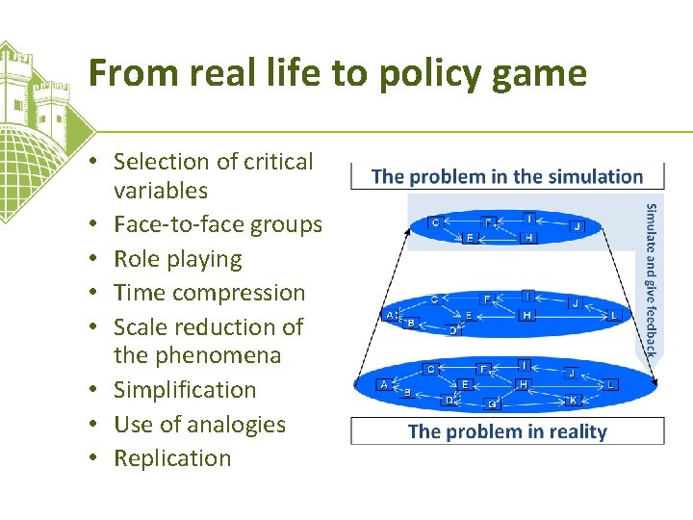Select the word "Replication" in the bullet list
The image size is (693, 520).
pos(172,458)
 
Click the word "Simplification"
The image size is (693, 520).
pos(185,390)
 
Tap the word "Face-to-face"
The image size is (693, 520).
pos(177,224)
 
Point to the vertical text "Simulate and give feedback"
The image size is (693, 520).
pos(652,280)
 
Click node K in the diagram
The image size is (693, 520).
pos(574,399)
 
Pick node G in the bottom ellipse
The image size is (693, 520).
pos(492,404)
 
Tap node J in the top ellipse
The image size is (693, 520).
pos(577,226)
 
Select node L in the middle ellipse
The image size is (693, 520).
pos(614,315)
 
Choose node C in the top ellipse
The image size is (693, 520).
pos(435,222)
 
